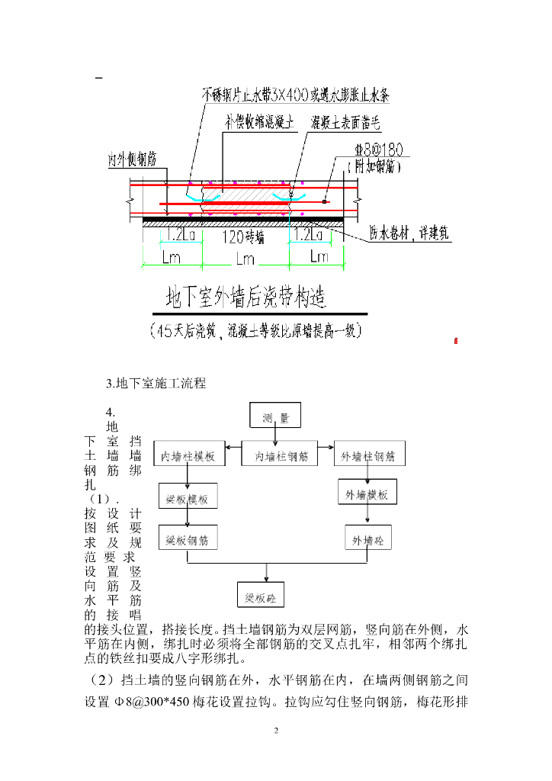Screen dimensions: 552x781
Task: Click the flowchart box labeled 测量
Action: (x=275, y=416)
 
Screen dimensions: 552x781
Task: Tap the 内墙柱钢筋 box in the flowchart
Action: (x=281, y=456)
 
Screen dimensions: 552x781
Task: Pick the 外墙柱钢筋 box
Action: (x=369, y=456)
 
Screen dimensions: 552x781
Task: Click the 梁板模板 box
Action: (x=188, y=500)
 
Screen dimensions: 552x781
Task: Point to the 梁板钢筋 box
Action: (x=188, y=540)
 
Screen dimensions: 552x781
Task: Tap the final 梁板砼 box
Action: (x=259, y=595)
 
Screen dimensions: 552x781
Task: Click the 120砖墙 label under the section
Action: (x=243, y=237)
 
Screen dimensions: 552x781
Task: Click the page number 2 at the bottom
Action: (x=276, y=731)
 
